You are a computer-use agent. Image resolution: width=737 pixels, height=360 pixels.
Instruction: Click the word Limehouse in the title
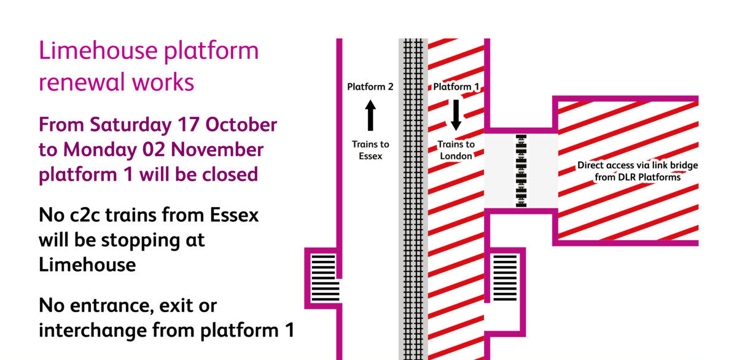98,50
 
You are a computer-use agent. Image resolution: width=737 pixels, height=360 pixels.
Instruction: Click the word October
241,125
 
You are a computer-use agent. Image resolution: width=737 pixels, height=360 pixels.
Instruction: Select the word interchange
93,331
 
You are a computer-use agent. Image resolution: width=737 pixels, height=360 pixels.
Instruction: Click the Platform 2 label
370,87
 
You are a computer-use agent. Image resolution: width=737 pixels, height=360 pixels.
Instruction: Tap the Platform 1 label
456,87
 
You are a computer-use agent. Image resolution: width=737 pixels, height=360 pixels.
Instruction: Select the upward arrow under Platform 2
370,115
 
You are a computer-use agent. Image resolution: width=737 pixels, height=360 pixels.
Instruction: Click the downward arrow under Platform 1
456,115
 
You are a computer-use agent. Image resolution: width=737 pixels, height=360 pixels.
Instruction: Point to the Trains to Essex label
370,150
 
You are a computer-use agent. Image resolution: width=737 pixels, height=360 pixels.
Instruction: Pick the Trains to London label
456,150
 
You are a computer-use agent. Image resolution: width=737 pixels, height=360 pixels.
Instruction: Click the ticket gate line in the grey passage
521,171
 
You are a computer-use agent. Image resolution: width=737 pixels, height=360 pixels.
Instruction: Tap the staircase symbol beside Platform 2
325,278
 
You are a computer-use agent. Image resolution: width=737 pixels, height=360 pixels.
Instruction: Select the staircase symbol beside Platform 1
505,278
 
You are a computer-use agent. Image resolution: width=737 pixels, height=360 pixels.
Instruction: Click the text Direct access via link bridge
638,165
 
